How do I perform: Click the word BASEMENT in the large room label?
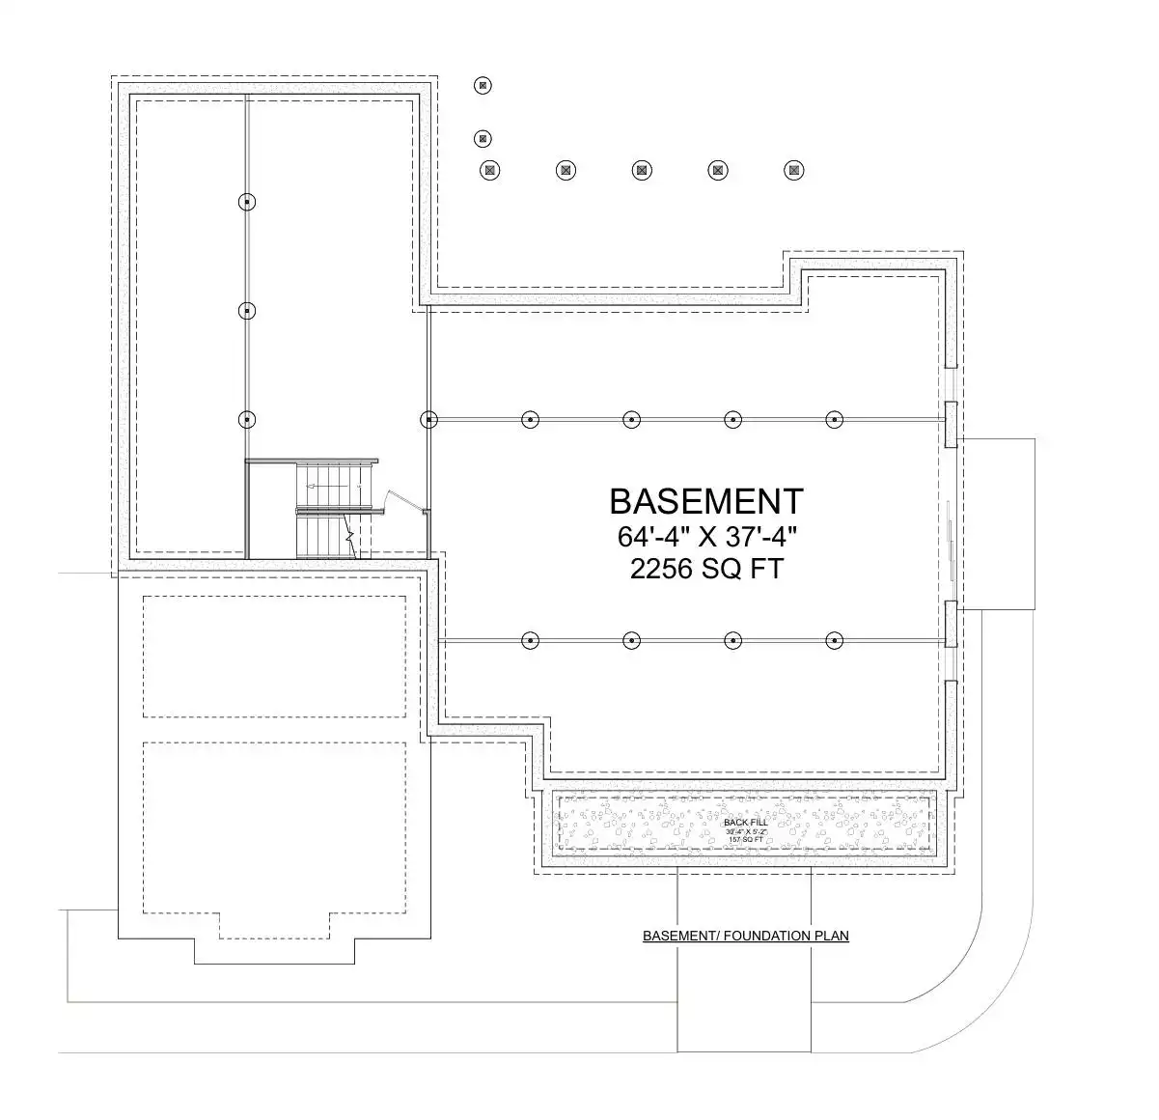[x=705, y=501]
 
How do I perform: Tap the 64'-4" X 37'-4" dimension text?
[x=705, y=536]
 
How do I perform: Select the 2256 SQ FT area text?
[x=705, y=569]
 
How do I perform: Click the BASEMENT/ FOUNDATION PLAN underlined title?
[x=745, y=936]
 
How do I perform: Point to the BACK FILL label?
[x=746, y=823]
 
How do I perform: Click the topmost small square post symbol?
[x=483, y=85]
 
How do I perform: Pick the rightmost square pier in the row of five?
[x=794, y=171]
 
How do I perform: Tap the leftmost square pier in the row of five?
[x=490, y=171]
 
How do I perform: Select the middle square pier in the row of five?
[x=642, y=171]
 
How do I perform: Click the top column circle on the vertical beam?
[x=248, y=202]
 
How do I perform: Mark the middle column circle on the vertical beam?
[x=248, y=311]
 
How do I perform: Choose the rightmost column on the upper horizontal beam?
[x=835, y=420]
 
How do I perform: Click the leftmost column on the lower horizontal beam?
[x=530, y=640]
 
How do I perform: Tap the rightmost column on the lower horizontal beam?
[x=835, y=640]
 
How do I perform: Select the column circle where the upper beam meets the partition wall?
[x=428, y=420]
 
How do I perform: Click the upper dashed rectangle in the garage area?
[x=274, y=657]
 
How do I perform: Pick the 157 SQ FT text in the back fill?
[x=745, y=840]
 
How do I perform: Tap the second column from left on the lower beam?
[x=631, y=640]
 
